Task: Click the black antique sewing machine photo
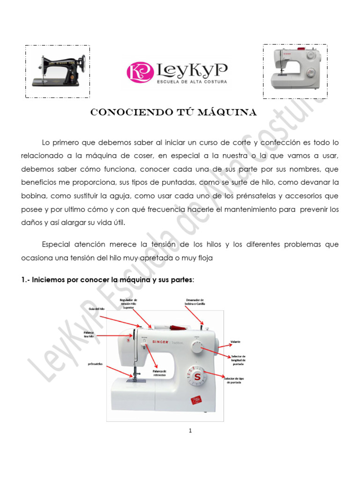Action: click(58, 71)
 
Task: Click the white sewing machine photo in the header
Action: click(294, 71)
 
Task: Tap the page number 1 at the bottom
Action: click(191, 431)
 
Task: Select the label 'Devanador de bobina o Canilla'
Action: click(195, 301)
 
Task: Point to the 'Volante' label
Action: click(236, 341)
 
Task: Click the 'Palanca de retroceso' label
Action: click(160, 373)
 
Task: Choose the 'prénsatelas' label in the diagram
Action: click(95, 363)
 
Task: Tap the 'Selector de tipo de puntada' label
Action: click(234, 380)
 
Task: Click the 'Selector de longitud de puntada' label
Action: click(238, 360)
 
